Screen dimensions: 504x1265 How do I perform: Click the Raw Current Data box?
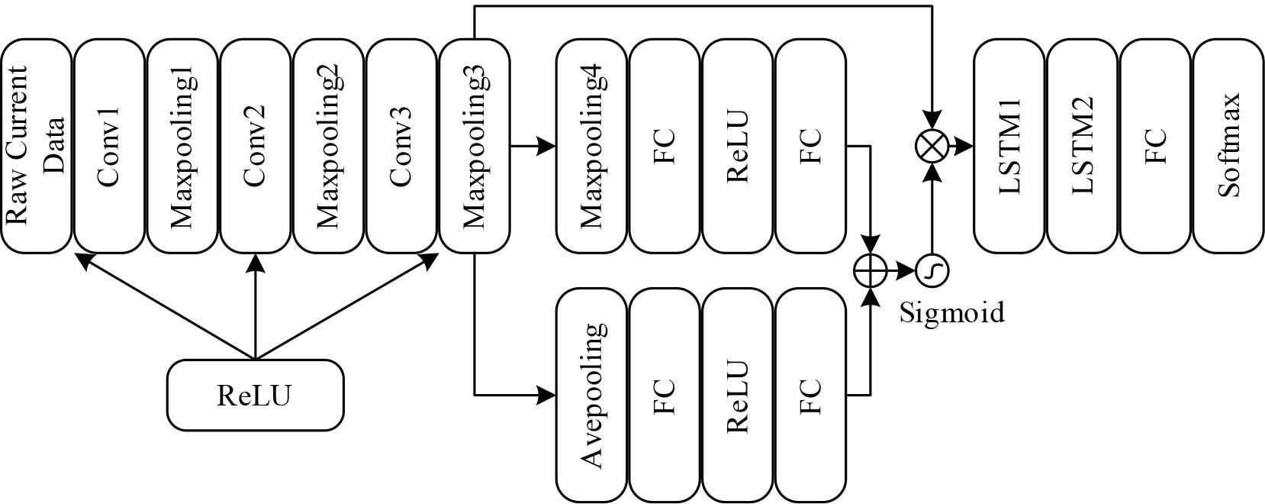(36, 147)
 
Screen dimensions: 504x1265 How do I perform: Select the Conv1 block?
(109, 147)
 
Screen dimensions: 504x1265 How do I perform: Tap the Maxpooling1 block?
(182, 147)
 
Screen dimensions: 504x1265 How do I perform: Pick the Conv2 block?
(255, 147)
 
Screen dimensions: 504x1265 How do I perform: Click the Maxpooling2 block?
(328, 147)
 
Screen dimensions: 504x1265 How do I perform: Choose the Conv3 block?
(401, 147)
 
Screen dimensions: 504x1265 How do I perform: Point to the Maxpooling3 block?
(474, 147)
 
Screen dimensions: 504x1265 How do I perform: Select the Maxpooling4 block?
(592, 147)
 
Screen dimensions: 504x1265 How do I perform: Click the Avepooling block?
(592, 395)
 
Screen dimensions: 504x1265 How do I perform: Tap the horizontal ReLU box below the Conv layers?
(255, 395)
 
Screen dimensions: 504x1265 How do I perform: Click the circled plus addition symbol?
(870, 270)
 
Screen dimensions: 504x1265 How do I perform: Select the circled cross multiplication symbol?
(932, 147)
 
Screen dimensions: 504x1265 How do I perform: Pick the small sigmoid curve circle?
(932, 270)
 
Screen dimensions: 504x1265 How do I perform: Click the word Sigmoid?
(951, 312)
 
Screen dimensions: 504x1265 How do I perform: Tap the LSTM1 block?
(1009, 147)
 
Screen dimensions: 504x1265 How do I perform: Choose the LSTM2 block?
(1082, 147)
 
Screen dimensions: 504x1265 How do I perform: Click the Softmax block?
(1228, 147)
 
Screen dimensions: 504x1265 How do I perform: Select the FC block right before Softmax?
(1155, 147)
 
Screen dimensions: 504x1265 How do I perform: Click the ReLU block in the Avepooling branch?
(738, 395)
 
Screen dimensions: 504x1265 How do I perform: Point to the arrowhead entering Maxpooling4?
(546, 147)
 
